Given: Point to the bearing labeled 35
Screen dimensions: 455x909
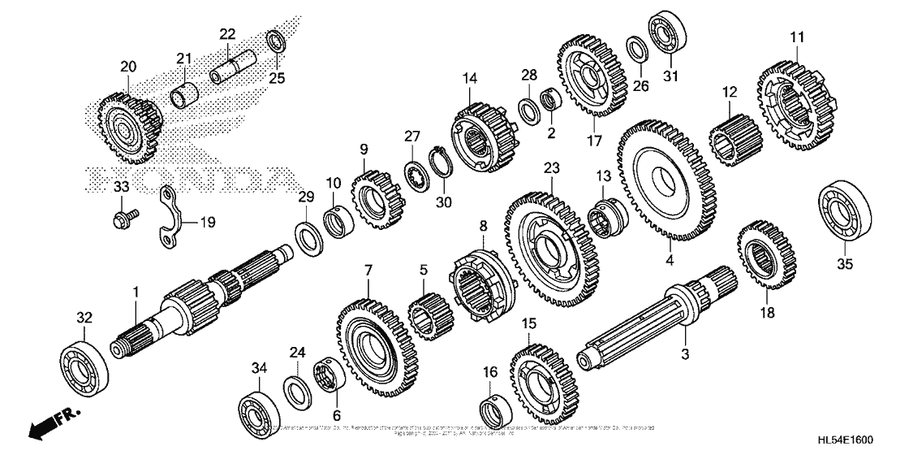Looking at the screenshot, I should [x=844, y=217].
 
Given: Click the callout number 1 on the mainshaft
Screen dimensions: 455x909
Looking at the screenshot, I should [x=136, y=291].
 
